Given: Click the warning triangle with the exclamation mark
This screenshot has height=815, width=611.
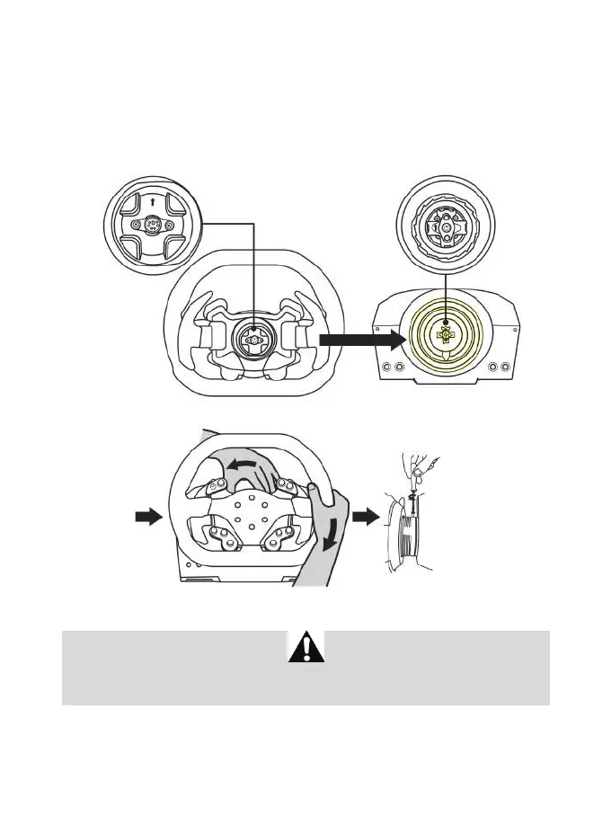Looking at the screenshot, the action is coord(305,648).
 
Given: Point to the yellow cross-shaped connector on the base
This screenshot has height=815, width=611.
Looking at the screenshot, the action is coord(444,334).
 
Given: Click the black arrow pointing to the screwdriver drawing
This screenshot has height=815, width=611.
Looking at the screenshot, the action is coord(365,517).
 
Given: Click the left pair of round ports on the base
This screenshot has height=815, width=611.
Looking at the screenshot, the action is coord(393,368).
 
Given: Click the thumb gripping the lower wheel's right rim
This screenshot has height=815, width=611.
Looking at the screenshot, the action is coord(314,490).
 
